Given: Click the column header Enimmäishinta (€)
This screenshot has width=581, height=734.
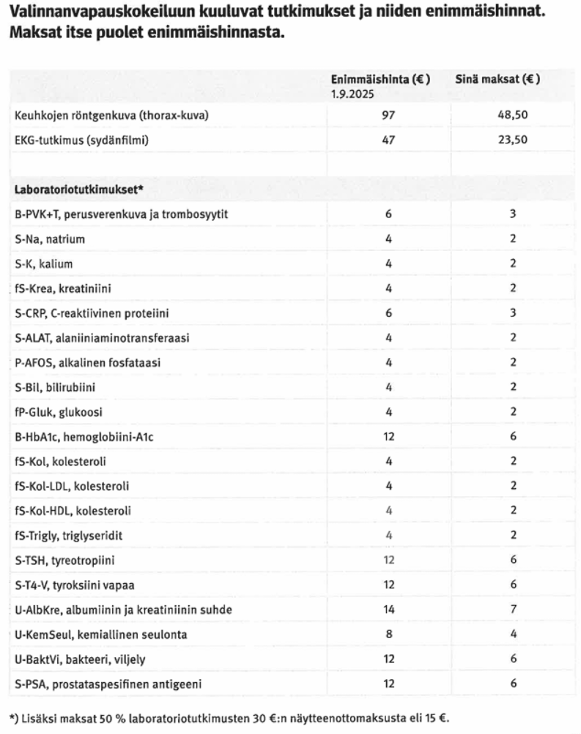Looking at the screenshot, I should [380, 79].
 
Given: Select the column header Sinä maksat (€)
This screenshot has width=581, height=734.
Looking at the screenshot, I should [497, 79].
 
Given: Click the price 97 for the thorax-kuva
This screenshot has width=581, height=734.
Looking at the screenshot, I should [388, 115].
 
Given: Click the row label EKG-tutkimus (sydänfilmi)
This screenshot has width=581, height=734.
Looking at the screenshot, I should [81, 140].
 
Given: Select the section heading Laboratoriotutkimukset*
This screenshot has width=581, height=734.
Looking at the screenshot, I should [78, 189].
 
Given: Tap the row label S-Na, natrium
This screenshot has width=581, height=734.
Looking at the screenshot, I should [48, 239].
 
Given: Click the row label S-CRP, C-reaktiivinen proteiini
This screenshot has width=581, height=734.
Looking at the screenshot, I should [92, 312].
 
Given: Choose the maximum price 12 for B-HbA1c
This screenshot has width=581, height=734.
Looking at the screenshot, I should [388, 436].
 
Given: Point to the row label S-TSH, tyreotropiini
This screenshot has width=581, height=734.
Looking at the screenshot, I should [64, 560].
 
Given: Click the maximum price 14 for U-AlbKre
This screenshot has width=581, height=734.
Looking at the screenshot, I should [388, 610].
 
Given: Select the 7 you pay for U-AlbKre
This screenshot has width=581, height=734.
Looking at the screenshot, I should [513, 610].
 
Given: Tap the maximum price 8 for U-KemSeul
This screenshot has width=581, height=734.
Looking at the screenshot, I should [388, 634].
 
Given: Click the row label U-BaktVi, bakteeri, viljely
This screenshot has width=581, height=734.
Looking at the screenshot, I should [80, 659].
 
